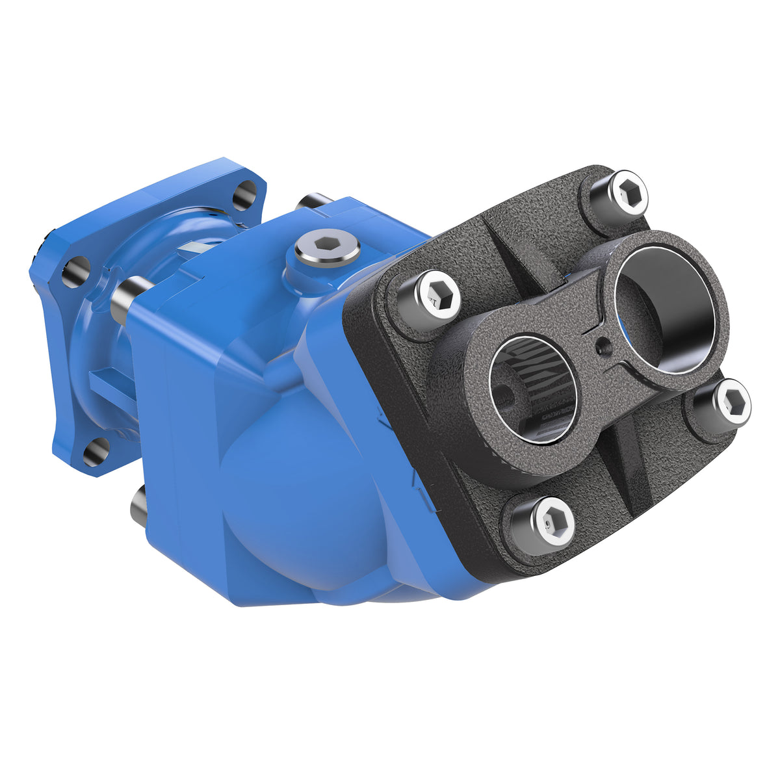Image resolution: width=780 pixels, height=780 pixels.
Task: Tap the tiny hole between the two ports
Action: click(x=604, y=344)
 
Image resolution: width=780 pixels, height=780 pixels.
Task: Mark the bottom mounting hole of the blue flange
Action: click(x=96, y=450)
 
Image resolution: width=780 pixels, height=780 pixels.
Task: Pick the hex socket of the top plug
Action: click(x=328, y=246)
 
